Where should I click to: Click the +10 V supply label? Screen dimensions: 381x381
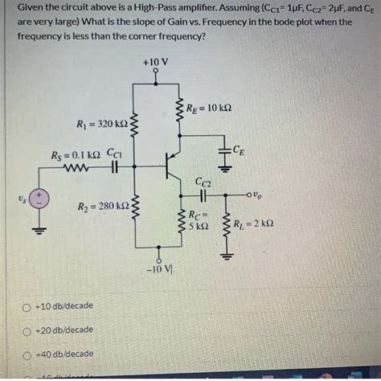(154, 61)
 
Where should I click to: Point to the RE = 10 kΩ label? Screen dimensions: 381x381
(210, 109)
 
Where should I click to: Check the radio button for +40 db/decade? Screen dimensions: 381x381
(28, 354)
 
